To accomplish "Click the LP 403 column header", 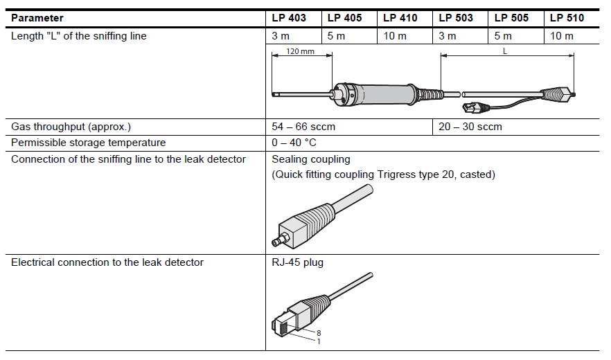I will pyautogui.click(x=288, y=18).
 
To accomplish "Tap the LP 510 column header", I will pyautogui.click(x=567, y=18).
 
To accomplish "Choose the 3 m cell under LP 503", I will pyautogui.click(x=448, y=36).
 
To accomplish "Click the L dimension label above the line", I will pyautogui.click(x=505, y=52).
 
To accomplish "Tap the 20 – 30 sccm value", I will pyautogui.click(x=470, y=127).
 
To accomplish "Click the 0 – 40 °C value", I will pyautogui.click(x=294, y=143).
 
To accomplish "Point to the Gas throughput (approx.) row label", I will pyautogui.click(x=71, y=127).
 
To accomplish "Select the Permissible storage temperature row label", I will pyautogui.click(x=89, y=143).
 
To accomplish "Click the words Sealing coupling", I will pyautogui.click(x=311, y=159).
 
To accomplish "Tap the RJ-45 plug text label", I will pyautogui.click(x=297, y=262).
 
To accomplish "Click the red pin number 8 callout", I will pyautogui.click(x=319, y=333).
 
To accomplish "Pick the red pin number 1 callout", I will pyautogui.click(x=319, y=341).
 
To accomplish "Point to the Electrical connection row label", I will pyautogui.click(x=107, y=262).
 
